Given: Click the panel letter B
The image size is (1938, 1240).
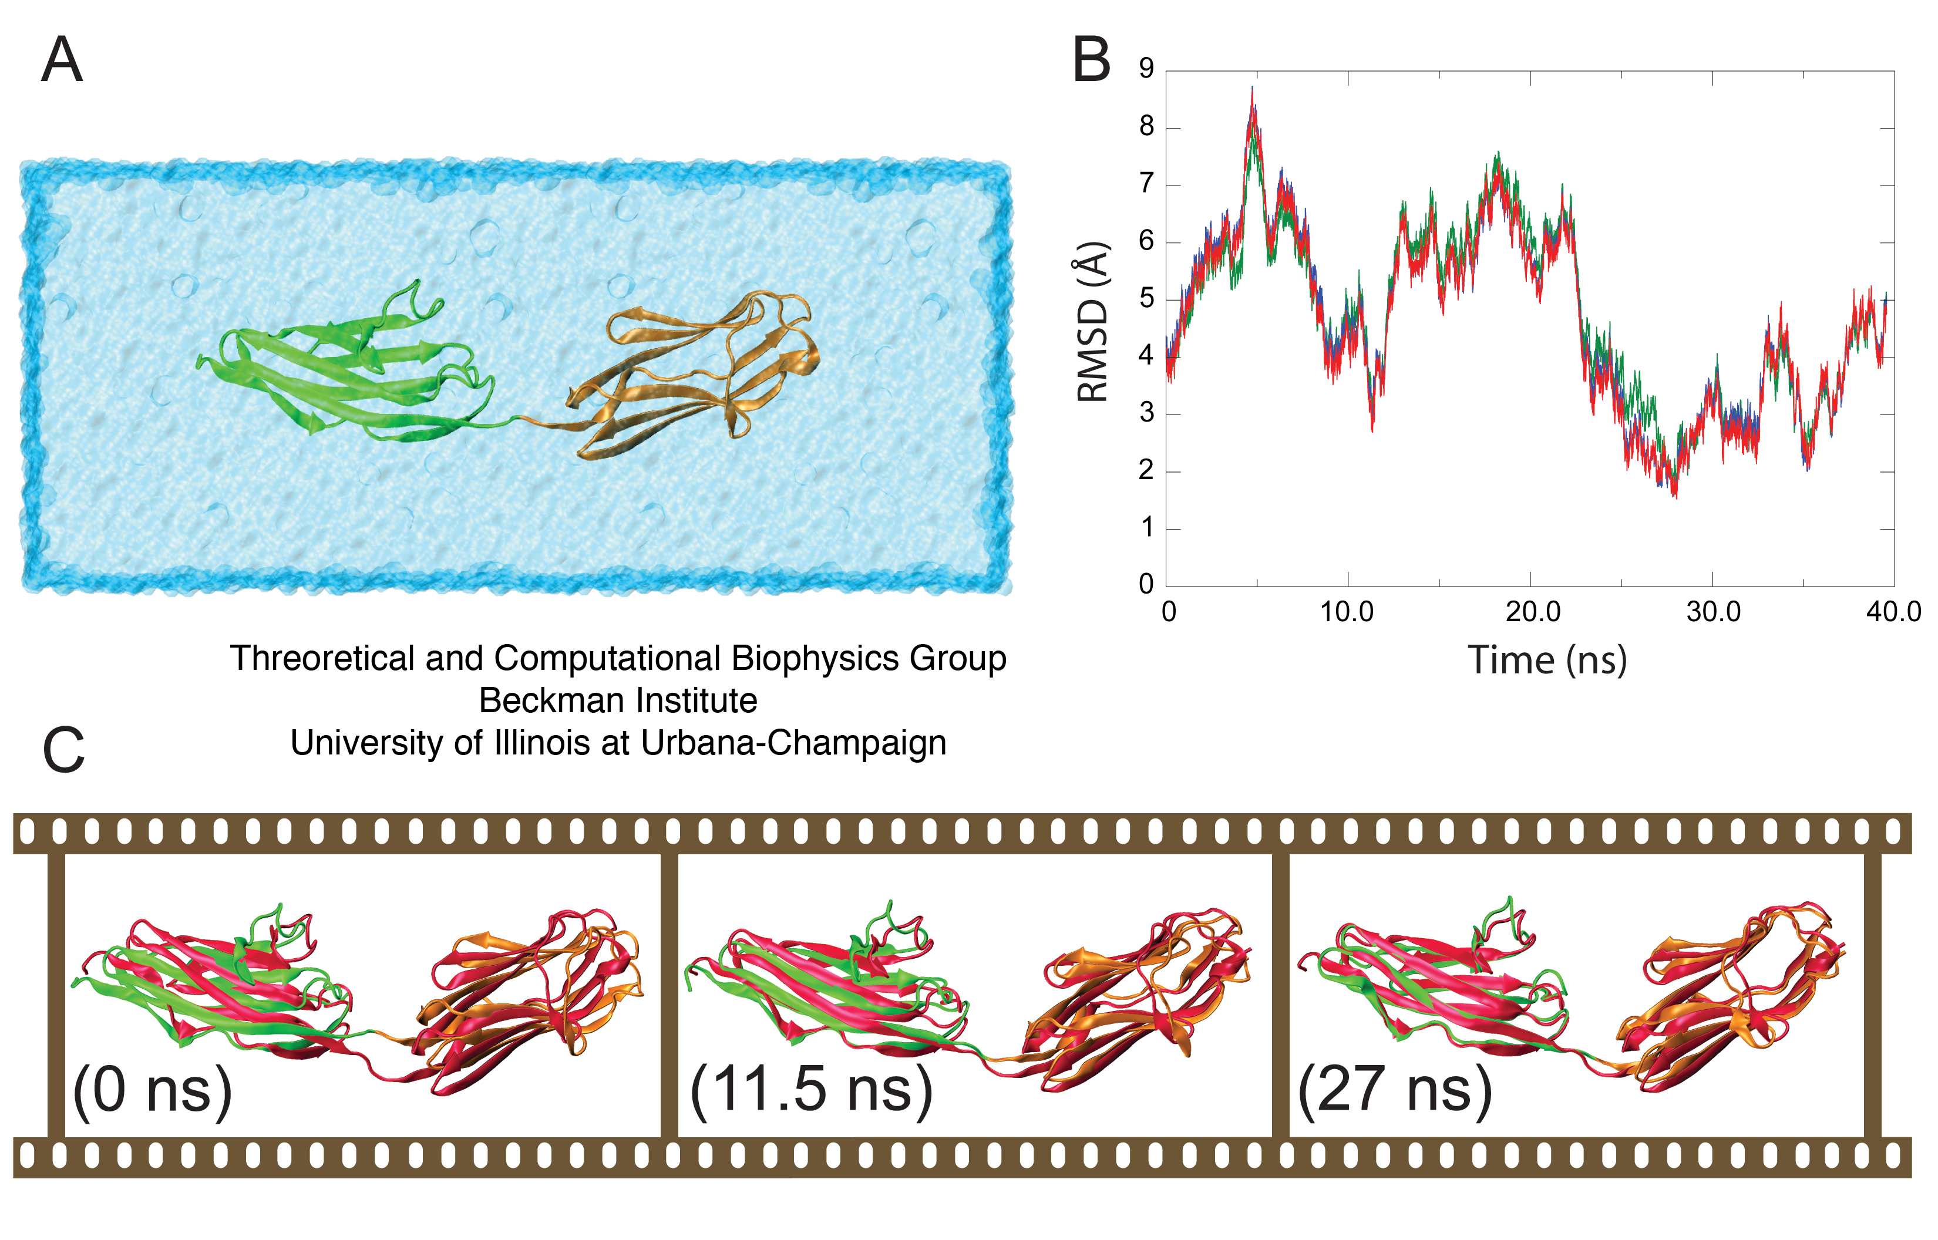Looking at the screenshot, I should [1091, 60].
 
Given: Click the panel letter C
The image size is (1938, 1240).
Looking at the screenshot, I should [63, 750].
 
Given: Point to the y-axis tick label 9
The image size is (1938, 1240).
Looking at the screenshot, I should [1146, 69].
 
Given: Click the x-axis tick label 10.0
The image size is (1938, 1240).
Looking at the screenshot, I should [1347, 612].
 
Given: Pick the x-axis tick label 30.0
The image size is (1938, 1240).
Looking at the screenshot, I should [1713, 612].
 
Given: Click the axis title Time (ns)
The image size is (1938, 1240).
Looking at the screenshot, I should [1547, 661].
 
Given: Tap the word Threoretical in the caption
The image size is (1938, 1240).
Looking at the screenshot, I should [322, 659].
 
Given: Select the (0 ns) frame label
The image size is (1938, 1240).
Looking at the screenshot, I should [152, 1090].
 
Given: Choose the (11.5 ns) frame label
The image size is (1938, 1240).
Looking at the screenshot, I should [811, 1090].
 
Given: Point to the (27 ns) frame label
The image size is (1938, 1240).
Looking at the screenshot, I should [1395, 1090].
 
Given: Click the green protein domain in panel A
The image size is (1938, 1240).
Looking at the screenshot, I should [346, 370].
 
